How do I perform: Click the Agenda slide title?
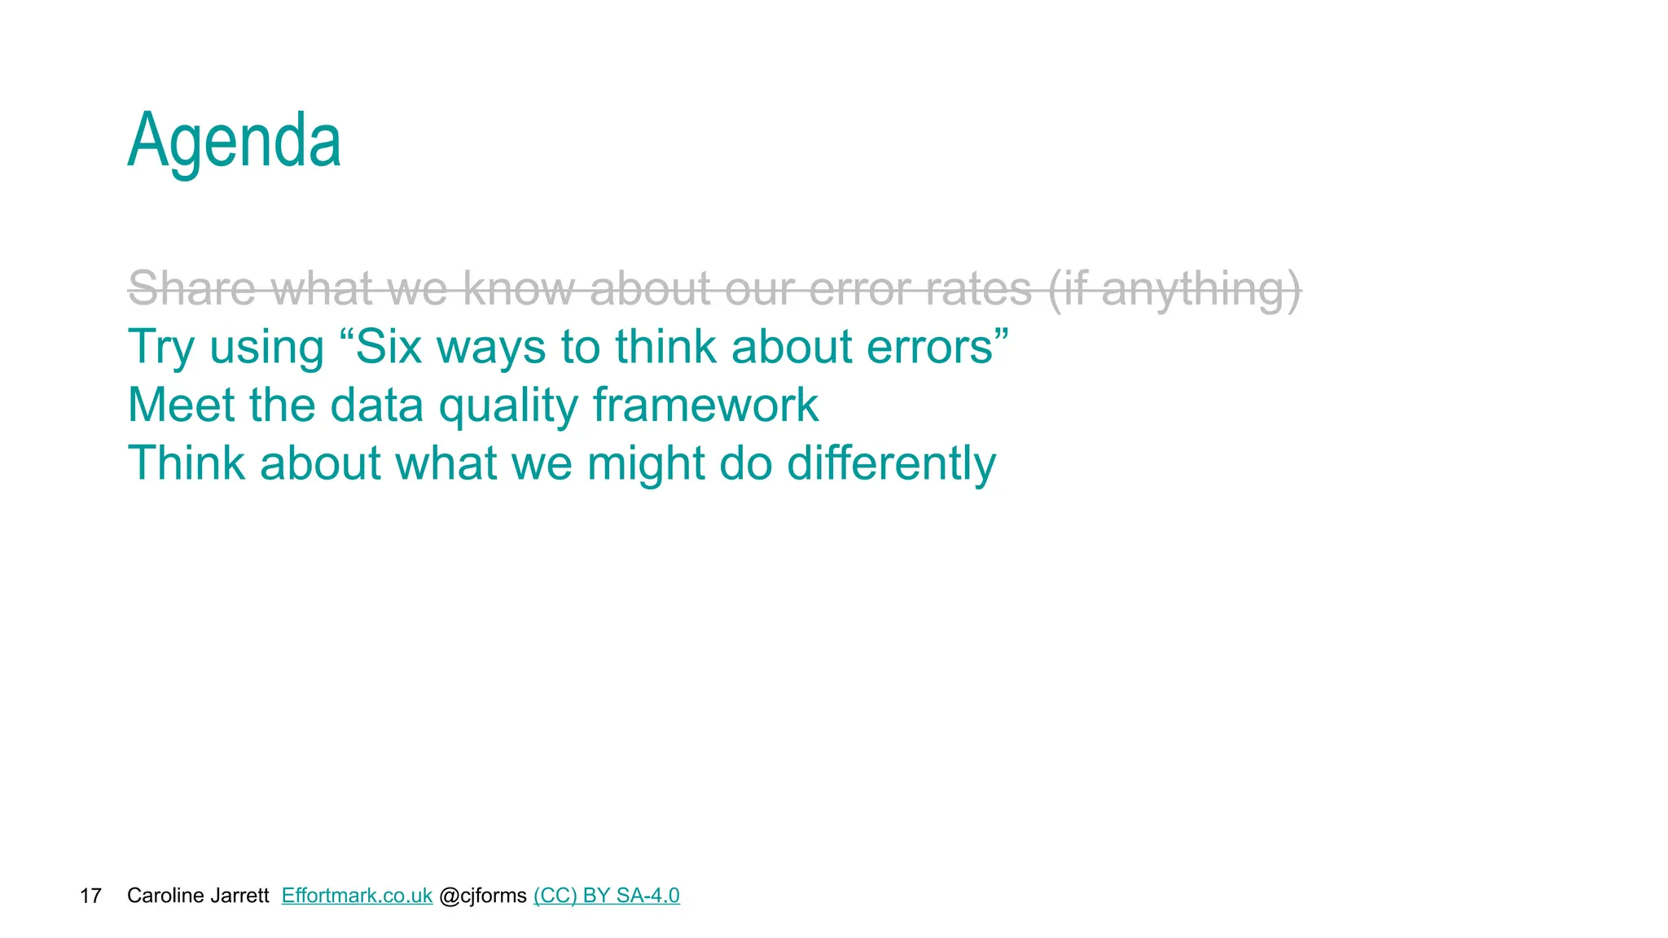235,142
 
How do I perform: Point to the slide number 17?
90,896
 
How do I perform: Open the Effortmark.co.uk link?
357,896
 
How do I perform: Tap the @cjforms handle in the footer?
483,896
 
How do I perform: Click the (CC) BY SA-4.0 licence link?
606,896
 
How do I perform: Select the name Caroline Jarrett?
198,896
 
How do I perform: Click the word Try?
161,347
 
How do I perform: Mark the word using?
267,348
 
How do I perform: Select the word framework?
705,405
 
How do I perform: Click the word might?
646,463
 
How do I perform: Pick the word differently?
891,463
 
